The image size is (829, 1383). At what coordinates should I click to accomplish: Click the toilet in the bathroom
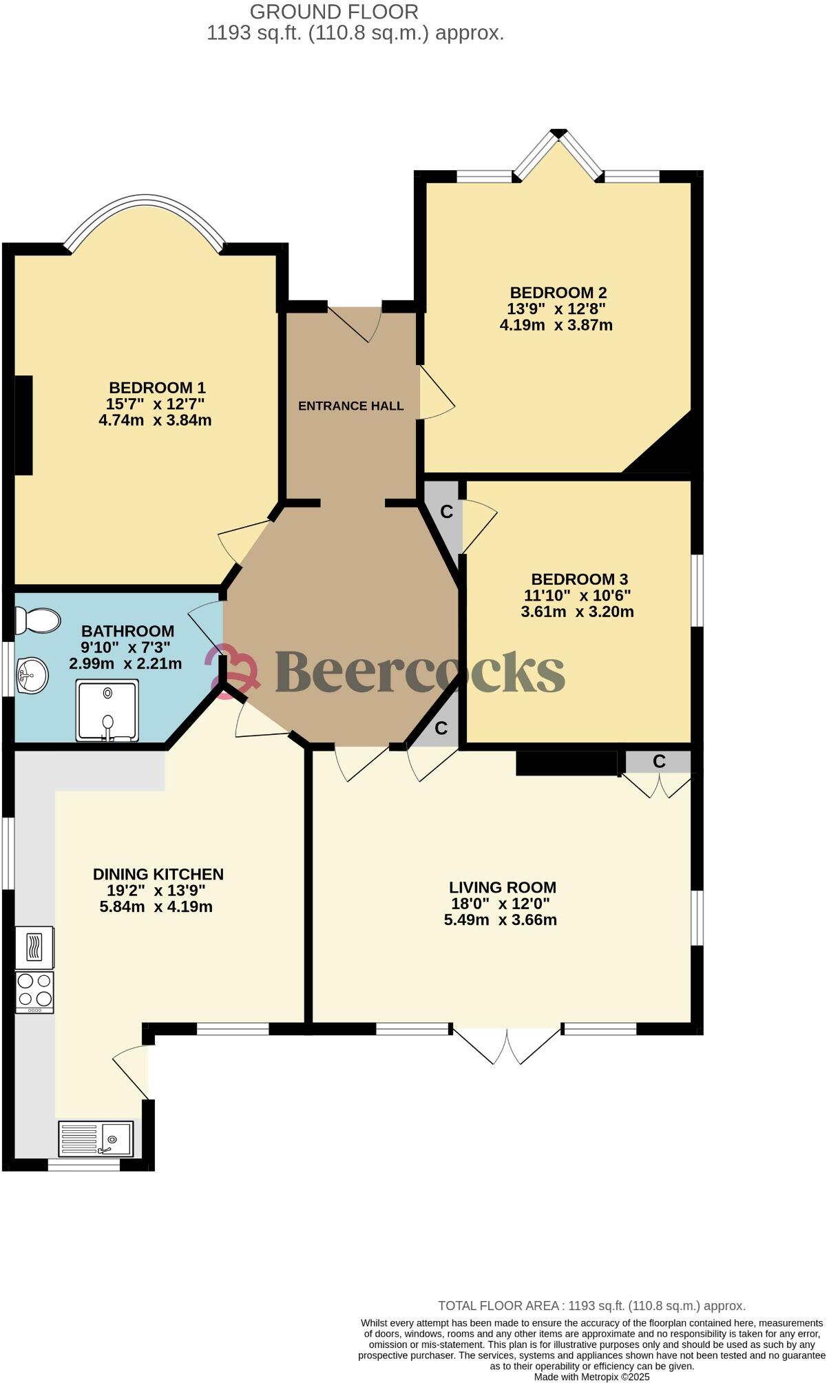(38, 620)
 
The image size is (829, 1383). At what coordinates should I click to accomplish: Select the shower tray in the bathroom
(107, 710)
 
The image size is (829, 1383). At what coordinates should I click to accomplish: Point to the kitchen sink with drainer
(96, 1138)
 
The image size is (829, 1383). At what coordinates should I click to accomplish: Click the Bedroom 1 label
(157, 387)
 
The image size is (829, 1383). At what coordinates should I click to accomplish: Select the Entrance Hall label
(350, 406)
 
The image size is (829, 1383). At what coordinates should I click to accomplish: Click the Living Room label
(502, 887)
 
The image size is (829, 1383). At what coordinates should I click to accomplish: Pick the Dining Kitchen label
(158, 874)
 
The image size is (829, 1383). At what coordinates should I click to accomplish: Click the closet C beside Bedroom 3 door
(446, 512)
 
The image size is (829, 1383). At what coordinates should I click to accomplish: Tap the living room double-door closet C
(658, 761)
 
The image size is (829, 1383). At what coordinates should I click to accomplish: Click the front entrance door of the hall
(355, 322)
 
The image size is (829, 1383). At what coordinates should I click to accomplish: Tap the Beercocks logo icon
(233, 671)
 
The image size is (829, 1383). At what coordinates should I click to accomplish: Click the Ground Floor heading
(333, 12)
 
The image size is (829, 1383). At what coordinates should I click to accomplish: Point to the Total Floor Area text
(591, 1306)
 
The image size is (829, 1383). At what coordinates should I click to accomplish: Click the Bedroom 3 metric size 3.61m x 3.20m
(577, 612)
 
